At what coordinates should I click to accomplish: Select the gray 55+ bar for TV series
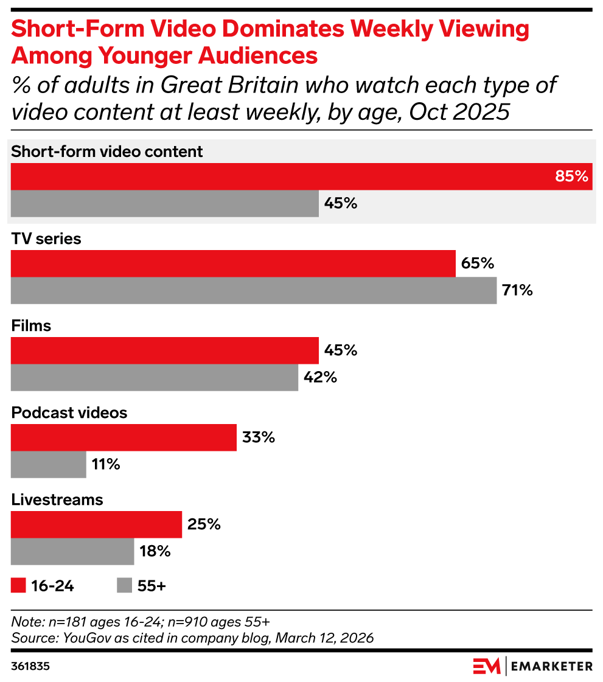click(254, 291)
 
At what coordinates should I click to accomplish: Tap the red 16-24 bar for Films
click(164, 351)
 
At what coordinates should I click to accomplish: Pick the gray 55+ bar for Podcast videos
click(49, 465)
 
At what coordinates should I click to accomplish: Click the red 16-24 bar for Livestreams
click(96, 524)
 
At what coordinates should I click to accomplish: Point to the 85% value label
click(571, 176)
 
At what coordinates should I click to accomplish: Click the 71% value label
click(517, 291)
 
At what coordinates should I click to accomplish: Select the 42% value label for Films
click(321, 378)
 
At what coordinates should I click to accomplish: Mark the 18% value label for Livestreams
click(155, 552)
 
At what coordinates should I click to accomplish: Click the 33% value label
click(259, 437)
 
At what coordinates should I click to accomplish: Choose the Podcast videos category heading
click(69, 412)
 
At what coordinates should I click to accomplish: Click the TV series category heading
click(46, 238)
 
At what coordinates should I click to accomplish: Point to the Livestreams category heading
click(57, 499)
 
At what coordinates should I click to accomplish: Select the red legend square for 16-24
click(19, 585)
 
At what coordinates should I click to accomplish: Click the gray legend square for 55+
click(124, 585)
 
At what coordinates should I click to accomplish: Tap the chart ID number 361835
click(30, 666)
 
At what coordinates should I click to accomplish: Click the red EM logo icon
click(486, 666)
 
